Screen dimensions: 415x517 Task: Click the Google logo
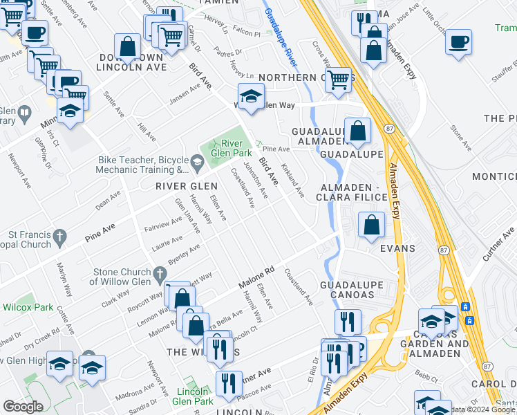tap(23, 407)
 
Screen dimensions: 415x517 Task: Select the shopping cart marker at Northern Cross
tap(339, 80)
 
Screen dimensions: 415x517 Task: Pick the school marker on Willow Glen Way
tap(251, 96)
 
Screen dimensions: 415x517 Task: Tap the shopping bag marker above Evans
tap(372, 225)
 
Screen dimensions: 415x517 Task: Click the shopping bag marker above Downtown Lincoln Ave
tap(128, 47)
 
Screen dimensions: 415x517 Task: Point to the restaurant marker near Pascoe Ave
tap(229, 384)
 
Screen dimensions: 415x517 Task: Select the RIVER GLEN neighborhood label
tap(187, 186)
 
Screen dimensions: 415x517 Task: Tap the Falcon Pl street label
tap(246, 32)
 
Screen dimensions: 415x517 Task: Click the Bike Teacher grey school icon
tap(197, 163)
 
